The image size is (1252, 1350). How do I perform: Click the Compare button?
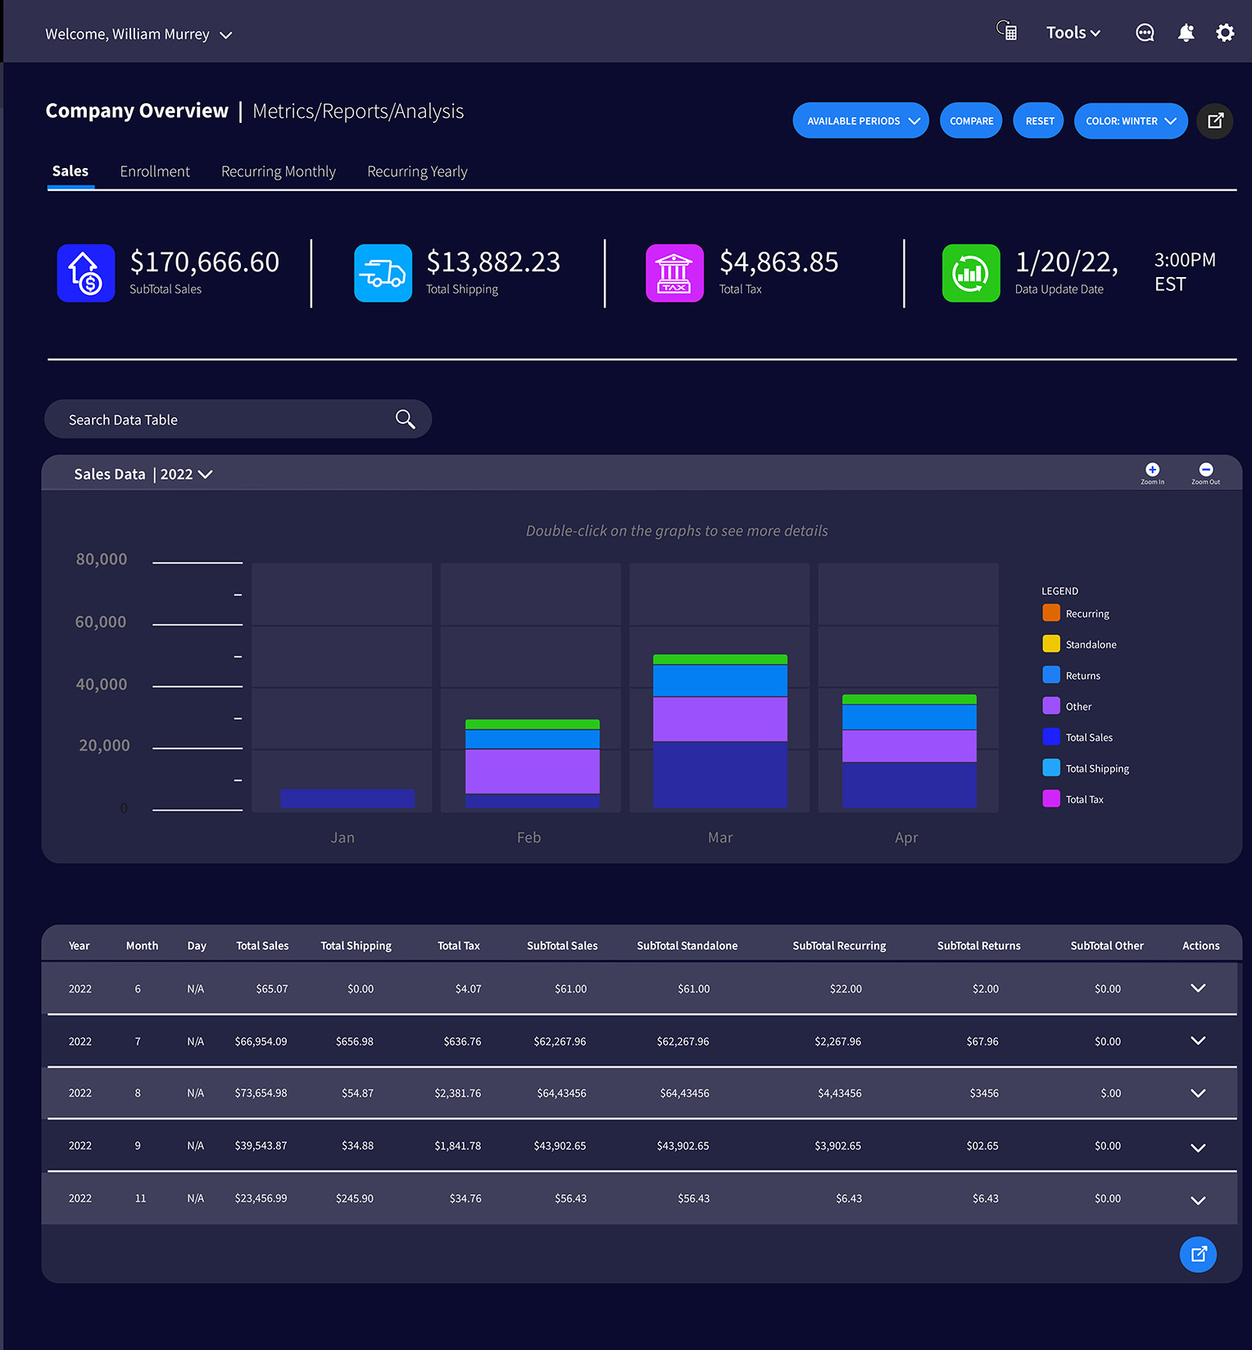pos(971,120)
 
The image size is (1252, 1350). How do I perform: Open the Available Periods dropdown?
pos(860,120)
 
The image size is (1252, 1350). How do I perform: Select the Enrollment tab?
pos(155,171)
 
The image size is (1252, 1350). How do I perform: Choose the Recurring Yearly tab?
pos(417,171)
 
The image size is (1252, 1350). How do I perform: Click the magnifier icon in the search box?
pos(405,419)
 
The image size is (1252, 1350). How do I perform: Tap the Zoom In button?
pos(1152,471)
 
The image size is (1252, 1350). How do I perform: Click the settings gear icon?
pos(1224,33)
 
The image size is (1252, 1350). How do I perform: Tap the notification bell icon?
pos(1186,33)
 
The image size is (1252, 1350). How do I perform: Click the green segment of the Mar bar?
pos(719,659)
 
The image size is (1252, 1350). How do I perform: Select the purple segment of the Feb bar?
pos(532,770)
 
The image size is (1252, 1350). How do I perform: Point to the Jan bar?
pos(347,798)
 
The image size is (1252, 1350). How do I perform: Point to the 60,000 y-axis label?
pos(101,622)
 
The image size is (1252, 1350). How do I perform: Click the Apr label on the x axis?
pos(906,838)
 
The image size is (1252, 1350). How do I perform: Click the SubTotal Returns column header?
pos(978,946)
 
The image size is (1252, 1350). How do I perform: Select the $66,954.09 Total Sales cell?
pos(261,1042)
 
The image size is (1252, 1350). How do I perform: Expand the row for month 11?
pos(1197,1200)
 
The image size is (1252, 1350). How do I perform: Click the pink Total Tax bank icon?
pos(674,273)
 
